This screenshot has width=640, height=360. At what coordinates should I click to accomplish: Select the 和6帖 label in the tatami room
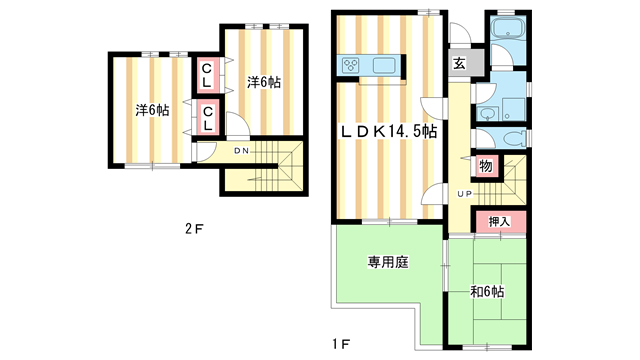[486, 291]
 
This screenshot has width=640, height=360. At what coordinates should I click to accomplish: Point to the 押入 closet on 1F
[500, 221]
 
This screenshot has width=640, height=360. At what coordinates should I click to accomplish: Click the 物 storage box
[485, 167]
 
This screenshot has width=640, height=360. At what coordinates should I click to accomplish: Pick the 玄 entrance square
[459, 64]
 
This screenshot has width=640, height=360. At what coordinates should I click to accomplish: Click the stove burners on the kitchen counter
[352, 66]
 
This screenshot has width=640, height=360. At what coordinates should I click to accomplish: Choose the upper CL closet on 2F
[206, 74]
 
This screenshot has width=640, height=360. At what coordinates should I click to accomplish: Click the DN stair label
[241, 151]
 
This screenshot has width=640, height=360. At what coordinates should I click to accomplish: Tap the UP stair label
[465, 192]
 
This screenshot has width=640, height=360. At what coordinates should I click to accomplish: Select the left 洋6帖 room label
[152, 110]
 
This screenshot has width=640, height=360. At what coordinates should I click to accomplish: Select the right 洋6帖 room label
[264, 83]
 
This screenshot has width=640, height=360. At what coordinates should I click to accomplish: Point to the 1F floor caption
[340, 345]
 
